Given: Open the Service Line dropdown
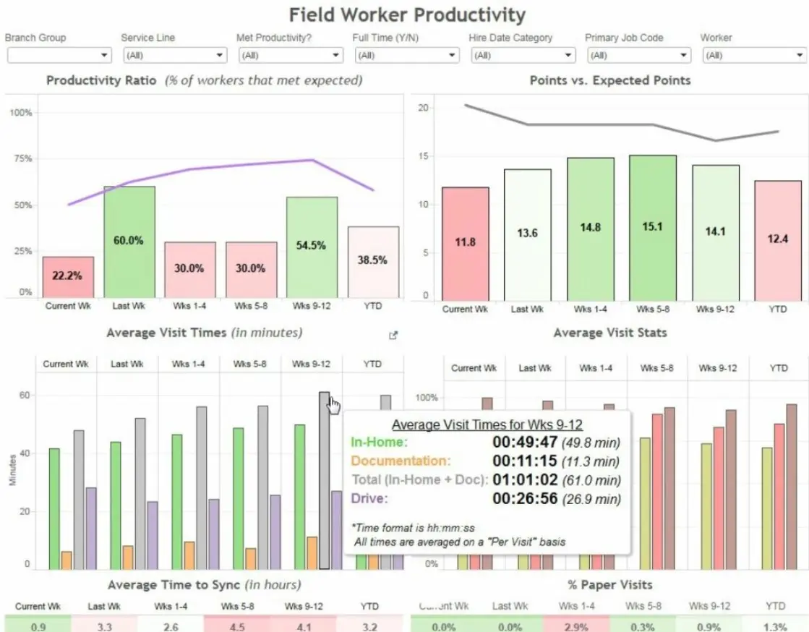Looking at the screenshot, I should point(174,55).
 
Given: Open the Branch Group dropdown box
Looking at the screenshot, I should point(59,55).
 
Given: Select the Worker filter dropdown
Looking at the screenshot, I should point(753,55).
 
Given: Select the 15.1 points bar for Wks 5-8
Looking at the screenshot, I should point(652,227).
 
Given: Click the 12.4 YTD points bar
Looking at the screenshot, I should point(777,239).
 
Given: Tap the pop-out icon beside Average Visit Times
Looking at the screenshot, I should point(393,335).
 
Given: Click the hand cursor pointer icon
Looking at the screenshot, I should point(333,406).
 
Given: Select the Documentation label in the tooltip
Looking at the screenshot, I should point(400,461).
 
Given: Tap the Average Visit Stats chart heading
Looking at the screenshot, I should point(609,333).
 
